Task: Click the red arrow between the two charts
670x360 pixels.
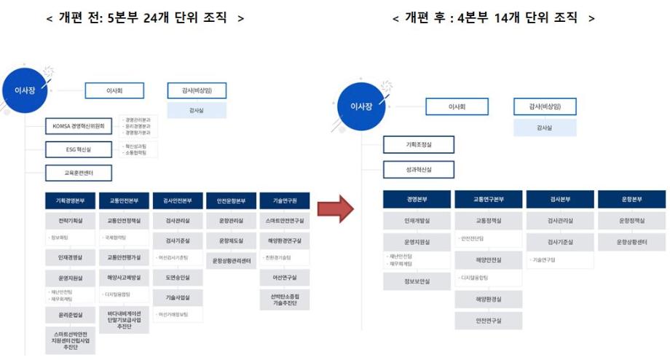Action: (336, 209)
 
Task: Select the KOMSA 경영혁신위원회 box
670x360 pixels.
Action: (79, 127)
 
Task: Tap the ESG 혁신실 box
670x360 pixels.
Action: (79, 149)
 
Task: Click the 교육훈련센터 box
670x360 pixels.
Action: (79, 173)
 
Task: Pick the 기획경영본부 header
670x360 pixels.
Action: (69, 200)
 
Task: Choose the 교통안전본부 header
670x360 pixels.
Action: (123, 200)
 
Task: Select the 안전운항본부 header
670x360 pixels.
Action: (231, 200)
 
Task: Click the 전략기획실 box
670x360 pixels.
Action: (69, 219)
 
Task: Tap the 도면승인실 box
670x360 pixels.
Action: (178, 278)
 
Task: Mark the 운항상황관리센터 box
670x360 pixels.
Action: (231, 260)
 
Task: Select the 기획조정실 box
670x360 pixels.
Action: (418, 145)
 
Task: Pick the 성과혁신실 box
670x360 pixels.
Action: (418, 171)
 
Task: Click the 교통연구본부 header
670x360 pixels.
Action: (489, 200)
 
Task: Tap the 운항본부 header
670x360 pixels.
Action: (631, 200)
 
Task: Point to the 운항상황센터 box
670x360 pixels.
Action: (631, 241)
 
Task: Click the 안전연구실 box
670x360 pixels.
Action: (489, 320)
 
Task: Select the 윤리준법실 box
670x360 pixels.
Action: (69, 315)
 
